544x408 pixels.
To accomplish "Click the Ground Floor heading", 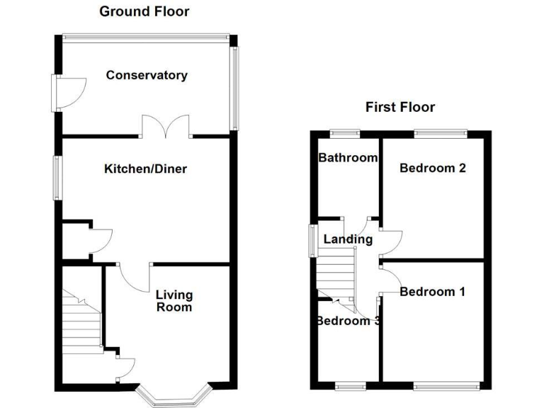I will point(144,11).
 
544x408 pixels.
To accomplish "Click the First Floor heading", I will point(399,108).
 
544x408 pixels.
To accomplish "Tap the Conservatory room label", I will point(147,75).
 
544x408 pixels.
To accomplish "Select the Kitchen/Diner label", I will point(145,169).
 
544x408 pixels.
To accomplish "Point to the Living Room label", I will point(174,301).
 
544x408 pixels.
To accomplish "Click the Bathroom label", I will point(347,157).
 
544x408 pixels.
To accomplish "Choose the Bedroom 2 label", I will point(432,168).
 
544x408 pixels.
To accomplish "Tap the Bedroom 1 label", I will point(432,291).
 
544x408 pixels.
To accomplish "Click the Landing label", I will point(348,239).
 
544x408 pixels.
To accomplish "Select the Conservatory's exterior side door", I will point(69,92).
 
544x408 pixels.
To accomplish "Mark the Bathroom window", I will point(345,132).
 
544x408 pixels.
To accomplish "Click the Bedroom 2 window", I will point(440,132).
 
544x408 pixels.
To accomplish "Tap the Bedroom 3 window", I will point(350,385).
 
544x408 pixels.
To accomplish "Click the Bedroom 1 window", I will point(440,385).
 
